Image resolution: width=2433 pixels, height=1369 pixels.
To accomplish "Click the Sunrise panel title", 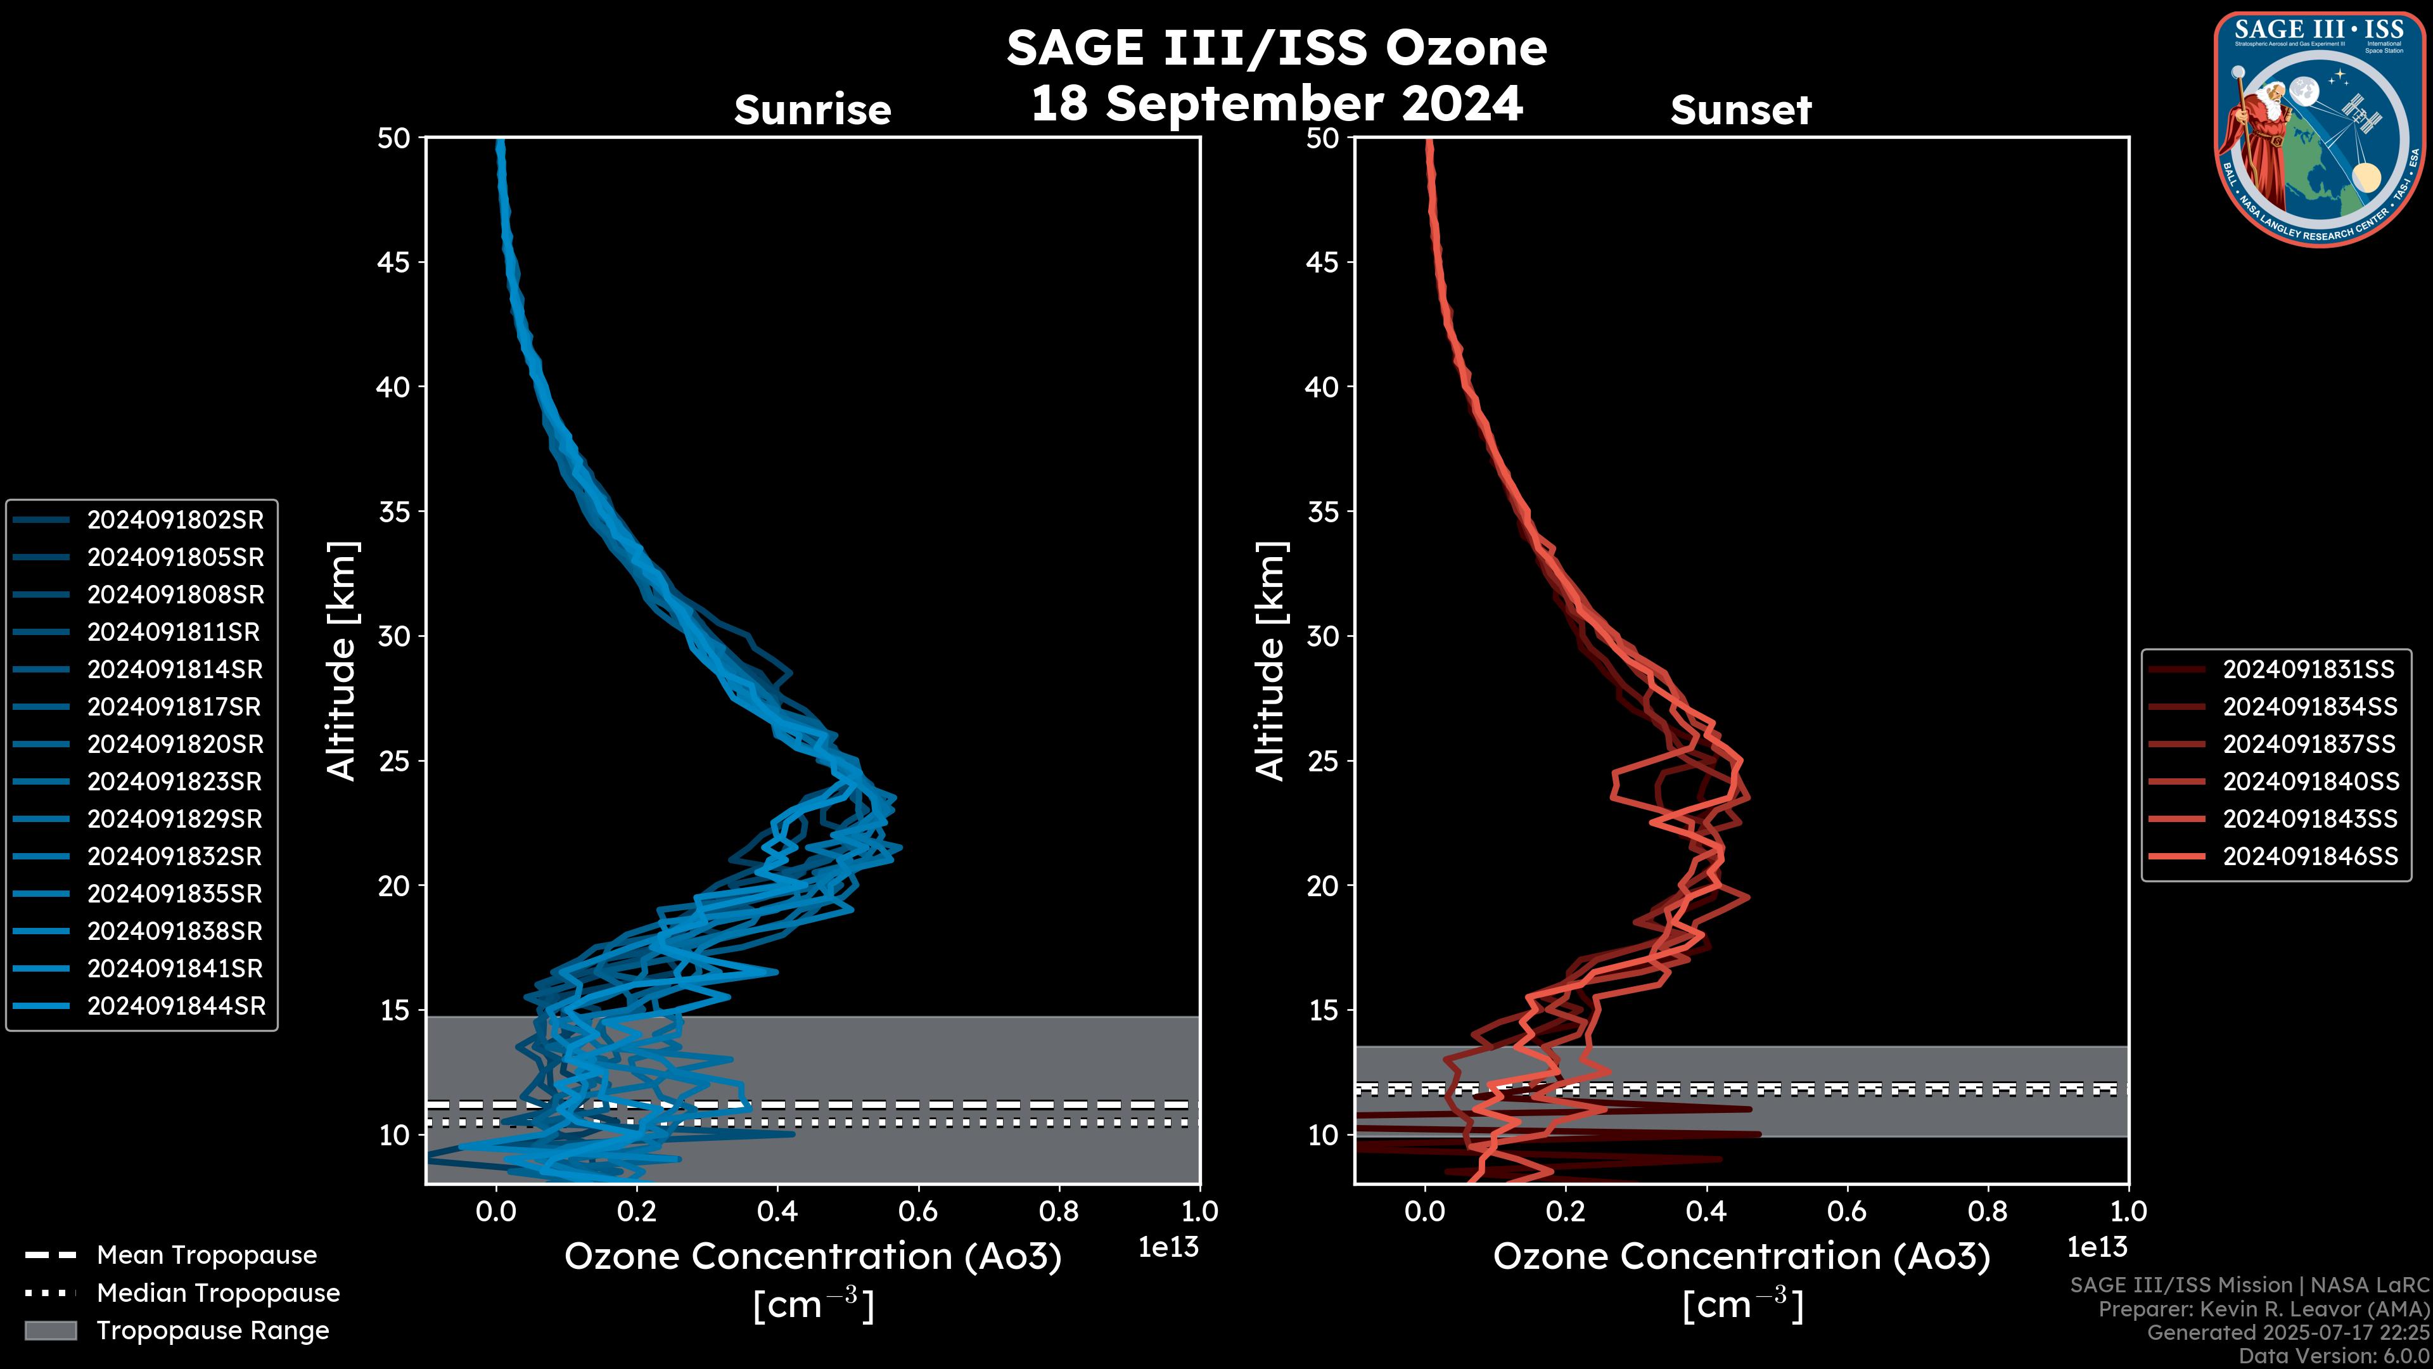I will tap(812, 110).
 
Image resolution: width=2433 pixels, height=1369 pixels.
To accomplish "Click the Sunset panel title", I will tap(1740, 110).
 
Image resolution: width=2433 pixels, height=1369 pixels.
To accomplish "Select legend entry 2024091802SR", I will tap(175, 520).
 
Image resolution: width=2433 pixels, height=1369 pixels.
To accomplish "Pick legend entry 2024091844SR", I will tap(176, 1006).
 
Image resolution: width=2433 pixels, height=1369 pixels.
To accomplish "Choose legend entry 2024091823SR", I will tap(175, 781).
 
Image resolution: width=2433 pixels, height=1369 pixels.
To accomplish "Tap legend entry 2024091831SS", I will tap(2308, 669).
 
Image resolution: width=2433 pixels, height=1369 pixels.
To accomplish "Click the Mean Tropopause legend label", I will tap(207, 1255).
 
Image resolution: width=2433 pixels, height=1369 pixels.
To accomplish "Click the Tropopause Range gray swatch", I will tap(51, 1330).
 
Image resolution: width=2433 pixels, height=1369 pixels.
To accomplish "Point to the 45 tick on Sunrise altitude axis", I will tap(394, 262).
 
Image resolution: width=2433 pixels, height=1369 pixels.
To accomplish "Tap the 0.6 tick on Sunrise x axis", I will tap(918, 1211).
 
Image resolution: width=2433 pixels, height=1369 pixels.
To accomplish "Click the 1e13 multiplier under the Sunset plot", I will tap(2097, 1247).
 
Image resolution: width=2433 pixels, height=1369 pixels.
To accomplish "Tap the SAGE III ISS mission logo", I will tap(2319, 129).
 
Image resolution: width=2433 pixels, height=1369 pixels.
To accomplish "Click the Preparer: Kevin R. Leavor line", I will tap(2263, 1309).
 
